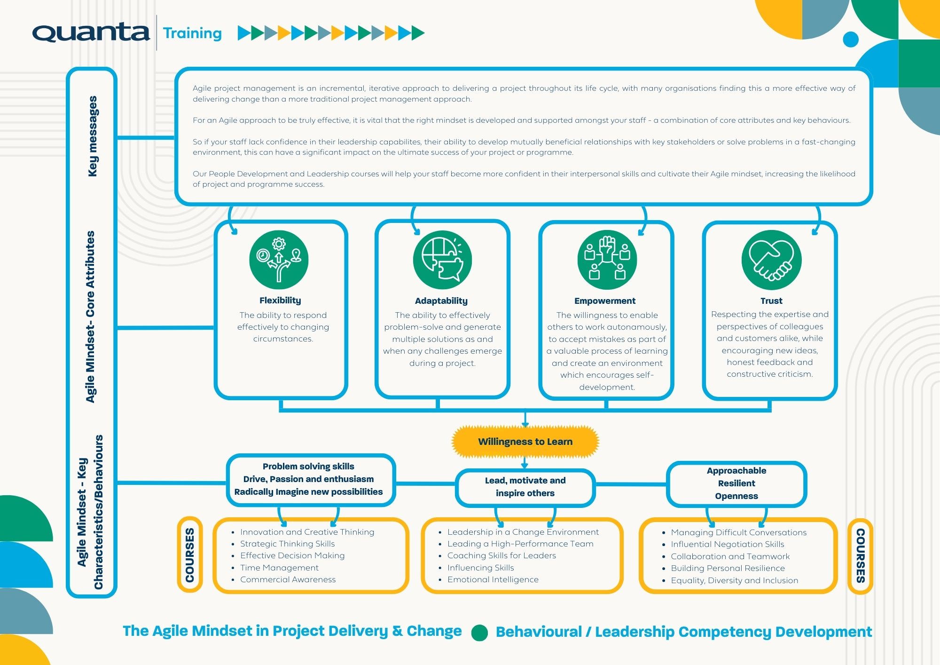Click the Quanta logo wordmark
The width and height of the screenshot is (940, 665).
point(91,32)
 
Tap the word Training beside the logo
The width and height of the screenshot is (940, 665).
point(192,33)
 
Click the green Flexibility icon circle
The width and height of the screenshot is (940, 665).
point(279,260)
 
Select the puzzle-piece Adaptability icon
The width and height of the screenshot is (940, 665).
point(442,260)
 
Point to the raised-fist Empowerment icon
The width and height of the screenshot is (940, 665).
point(607,260)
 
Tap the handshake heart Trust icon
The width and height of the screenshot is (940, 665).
point(771,260)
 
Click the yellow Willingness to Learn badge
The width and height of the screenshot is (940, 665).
point(525,442)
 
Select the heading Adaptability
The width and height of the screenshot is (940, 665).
point(441,301)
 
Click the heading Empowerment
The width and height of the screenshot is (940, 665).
point(604,301)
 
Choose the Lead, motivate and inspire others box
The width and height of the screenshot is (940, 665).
point(525,487)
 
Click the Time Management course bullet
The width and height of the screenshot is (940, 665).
point(279,568)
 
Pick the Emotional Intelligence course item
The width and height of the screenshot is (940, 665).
point(493,579)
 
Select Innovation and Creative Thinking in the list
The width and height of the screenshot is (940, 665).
point(307,532)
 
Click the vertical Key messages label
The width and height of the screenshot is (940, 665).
point(93,136)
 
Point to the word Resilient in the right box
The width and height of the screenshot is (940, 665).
point(736,483)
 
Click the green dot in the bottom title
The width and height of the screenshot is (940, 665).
point(479,633)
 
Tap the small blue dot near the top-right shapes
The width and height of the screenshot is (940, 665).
point(850,40)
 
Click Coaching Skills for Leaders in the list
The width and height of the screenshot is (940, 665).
point(501,555)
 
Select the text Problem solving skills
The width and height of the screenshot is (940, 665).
point(308,466)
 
